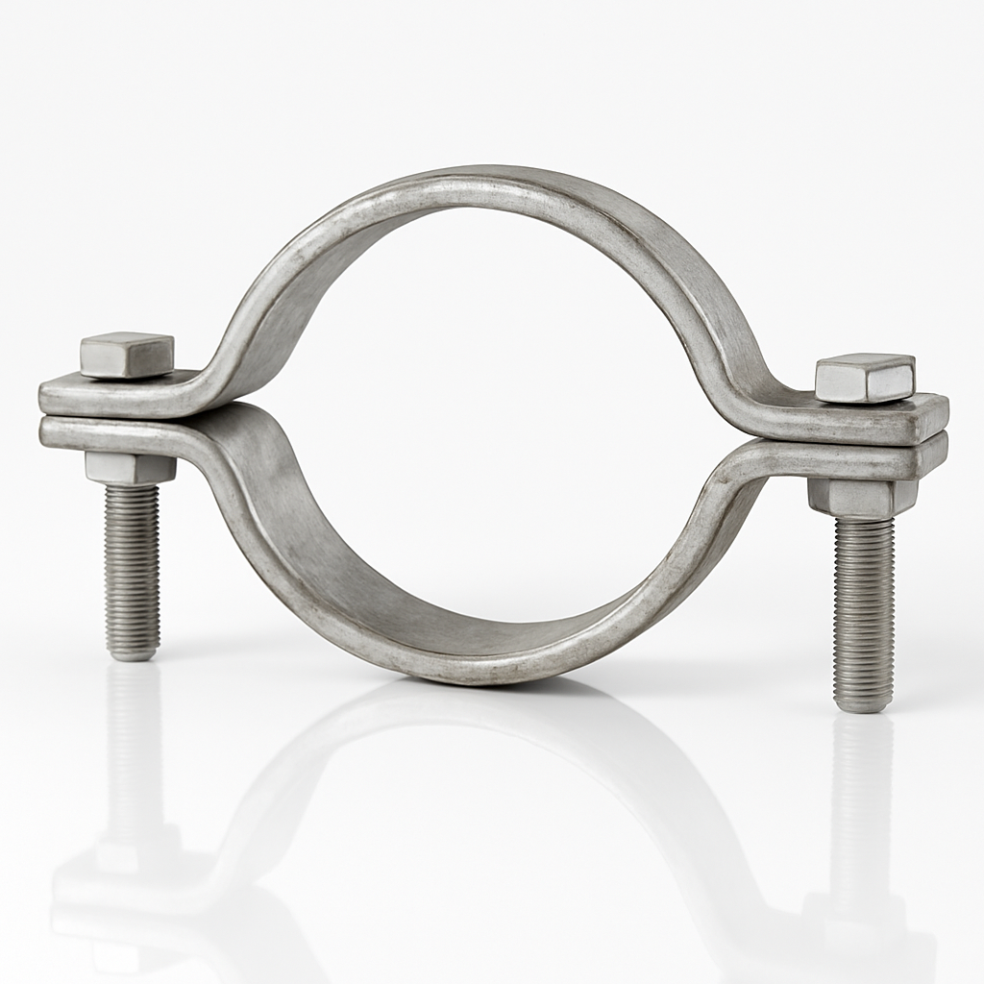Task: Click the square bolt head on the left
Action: point(127,355)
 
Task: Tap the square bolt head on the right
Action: point(865,378)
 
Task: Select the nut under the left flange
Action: point(130,468)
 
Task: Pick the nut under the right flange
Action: point(862,496)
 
